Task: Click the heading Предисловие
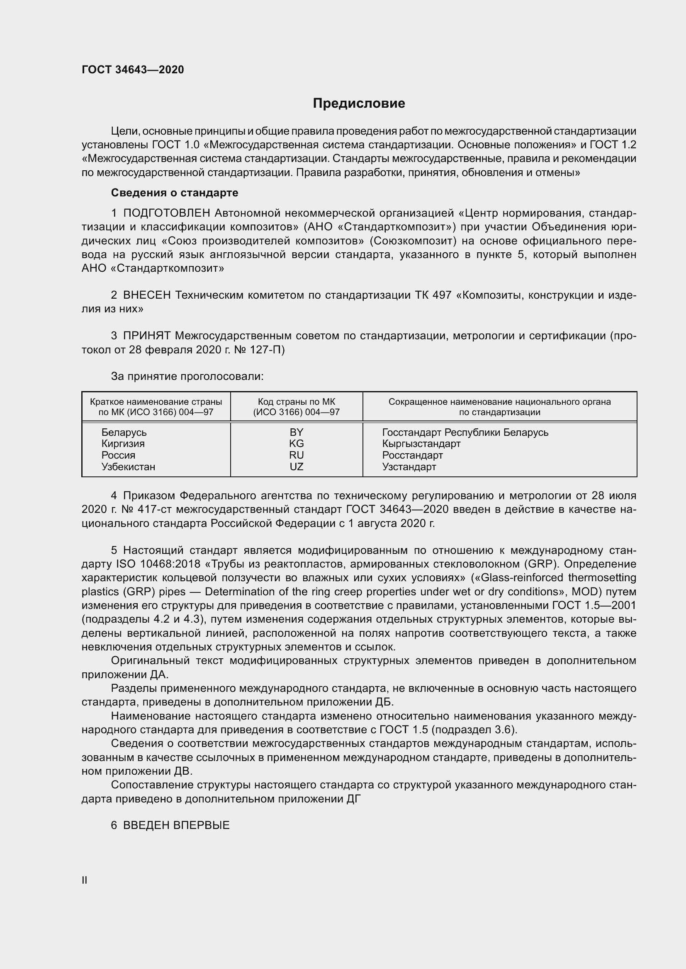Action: point(359,104)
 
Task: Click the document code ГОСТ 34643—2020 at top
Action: point(133,70)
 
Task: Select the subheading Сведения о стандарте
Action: point(175,193)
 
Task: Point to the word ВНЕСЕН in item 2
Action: point(146,295)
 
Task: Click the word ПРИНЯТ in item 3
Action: point(146,336)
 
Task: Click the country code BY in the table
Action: point(296,432)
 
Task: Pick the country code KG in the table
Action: point(296,444)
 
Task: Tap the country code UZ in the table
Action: point(296,467)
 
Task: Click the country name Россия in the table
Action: point(118,455)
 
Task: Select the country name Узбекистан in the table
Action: point(128,467)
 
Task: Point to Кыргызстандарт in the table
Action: point(421,444)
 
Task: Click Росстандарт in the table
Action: point(412,455)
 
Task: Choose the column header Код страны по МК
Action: point(296,402)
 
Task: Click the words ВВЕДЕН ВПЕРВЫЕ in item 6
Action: point(176,825)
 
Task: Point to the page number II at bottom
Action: point(85,880)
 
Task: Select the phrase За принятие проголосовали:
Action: point(187,377)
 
